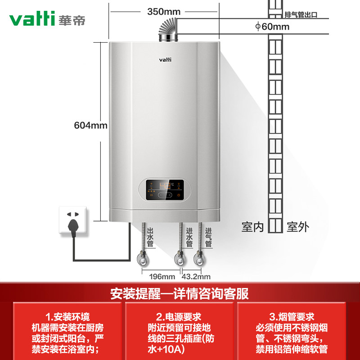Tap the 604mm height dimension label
coord(90,126)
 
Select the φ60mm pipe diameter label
coord(272,27)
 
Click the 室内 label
coord(252,227)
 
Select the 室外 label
coord(298,227)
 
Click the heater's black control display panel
coord(165,190)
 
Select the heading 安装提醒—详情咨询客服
coord(180,294)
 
